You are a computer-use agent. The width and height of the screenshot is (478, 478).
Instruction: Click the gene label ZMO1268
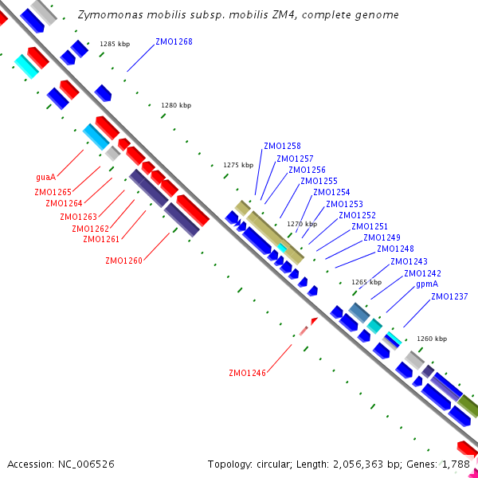click(174, 41)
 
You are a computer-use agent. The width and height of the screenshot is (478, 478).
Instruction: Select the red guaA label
click(45, 177)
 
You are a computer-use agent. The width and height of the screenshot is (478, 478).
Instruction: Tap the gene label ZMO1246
click(247, 373)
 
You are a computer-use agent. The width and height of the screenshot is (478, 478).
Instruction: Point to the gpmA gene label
click(427, 284)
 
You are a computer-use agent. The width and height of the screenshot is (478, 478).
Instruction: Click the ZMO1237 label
click(449, 297)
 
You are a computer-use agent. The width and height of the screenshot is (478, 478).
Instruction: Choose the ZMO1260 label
click(123, 261)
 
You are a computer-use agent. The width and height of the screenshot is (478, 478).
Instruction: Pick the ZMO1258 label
click(282, 147)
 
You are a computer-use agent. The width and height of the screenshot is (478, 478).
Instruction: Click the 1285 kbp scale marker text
click(115, 45)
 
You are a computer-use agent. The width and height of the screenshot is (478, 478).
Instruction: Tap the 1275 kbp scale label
click(238, 165)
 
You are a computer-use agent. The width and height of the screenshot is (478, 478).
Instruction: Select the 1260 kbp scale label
click(432, 339)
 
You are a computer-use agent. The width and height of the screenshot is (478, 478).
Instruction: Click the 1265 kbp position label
click(366, 282)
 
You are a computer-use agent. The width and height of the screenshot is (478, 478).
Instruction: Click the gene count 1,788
click(455, 464)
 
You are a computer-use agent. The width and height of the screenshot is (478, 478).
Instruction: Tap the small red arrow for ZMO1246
click(313, 320)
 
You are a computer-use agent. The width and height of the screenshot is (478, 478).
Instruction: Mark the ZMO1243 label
click(409, 262)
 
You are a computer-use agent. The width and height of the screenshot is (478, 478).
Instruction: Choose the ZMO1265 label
click(53, 192)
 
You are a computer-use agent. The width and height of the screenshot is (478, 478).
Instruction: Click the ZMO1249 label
click(382, 238)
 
